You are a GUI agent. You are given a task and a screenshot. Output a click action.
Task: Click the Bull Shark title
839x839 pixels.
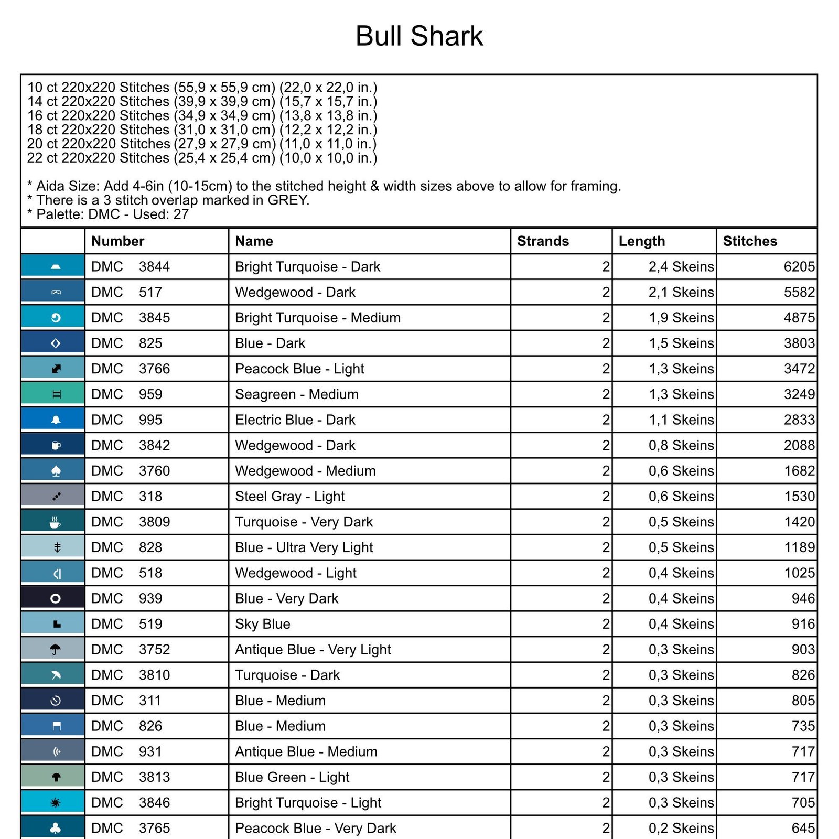[x=419, y=36]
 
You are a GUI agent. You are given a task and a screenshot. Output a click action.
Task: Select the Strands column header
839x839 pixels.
[x=543, y=241]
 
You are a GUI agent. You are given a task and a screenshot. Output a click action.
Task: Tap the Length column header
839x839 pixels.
[x=641, y=241]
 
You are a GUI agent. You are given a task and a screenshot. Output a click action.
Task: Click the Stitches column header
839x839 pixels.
[x=750, y=241]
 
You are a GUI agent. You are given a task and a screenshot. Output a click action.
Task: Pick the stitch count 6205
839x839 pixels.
[x=799, y=267]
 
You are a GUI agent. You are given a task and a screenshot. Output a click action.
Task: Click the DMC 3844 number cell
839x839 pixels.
[x=131, y=267]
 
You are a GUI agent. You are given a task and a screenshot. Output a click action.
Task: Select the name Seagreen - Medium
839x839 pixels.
[x=297, y=394]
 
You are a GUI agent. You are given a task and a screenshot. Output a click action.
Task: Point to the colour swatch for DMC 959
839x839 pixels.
[x=53, y=394]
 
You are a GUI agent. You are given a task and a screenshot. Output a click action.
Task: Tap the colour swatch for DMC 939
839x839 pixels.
[x=53, y=598]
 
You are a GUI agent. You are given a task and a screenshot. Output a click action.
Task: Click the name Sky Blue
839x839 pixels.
[x=263, y=624]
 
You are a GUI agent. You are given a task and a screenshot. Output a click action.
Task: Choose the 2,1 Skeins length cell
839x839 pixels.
[x=681, y=292]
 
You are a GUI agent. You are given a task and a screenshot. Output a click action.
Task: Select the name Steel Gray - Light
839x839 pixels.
[x=289, y=496]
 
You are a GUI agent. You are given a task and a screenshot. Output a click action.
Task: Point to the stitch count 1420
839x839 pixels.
[x=799, y=522]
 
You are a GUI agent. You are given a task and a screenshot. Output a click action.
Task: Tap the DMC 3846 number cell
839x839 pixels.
[x=131, y=803]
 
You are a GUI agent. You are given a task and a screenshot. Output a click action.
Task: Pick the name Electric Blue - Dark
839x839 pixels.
[x=295, y=420]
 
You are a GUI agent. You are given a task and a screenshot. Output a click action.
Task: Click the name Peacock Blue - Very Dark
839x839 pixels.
[x=315, y=828]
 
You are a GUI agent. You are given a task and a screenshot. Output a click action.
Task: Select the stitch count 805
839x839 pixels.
[x=803, y=701]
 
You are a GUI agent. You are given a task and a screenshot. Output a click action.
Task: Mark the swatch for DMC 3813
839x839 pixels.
[x=53, y=777]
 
